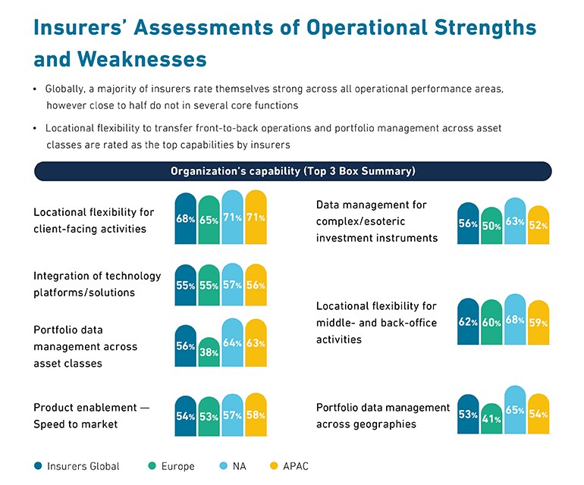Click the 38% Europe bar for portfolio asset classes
click(x=209, y=353)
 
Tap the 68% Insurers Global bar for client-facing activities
click(x=186, y=218)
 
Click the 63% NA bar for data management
click(x=515, y=221)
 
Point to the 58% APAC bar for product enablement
click(x=256, y=415)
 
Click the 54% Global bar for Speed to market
click(x=186, y=416)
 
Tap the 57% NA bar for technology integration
click(x=233, y=285)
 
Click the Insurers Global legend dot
click(x=39, y=466)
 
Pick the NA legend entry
click(x=232, y=466)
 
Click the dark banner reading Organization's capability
click(x=293, y=171)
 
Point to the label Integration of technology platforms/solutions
click(x=86, y=283)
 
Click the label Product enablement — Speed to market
click(x=91, y=416)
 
